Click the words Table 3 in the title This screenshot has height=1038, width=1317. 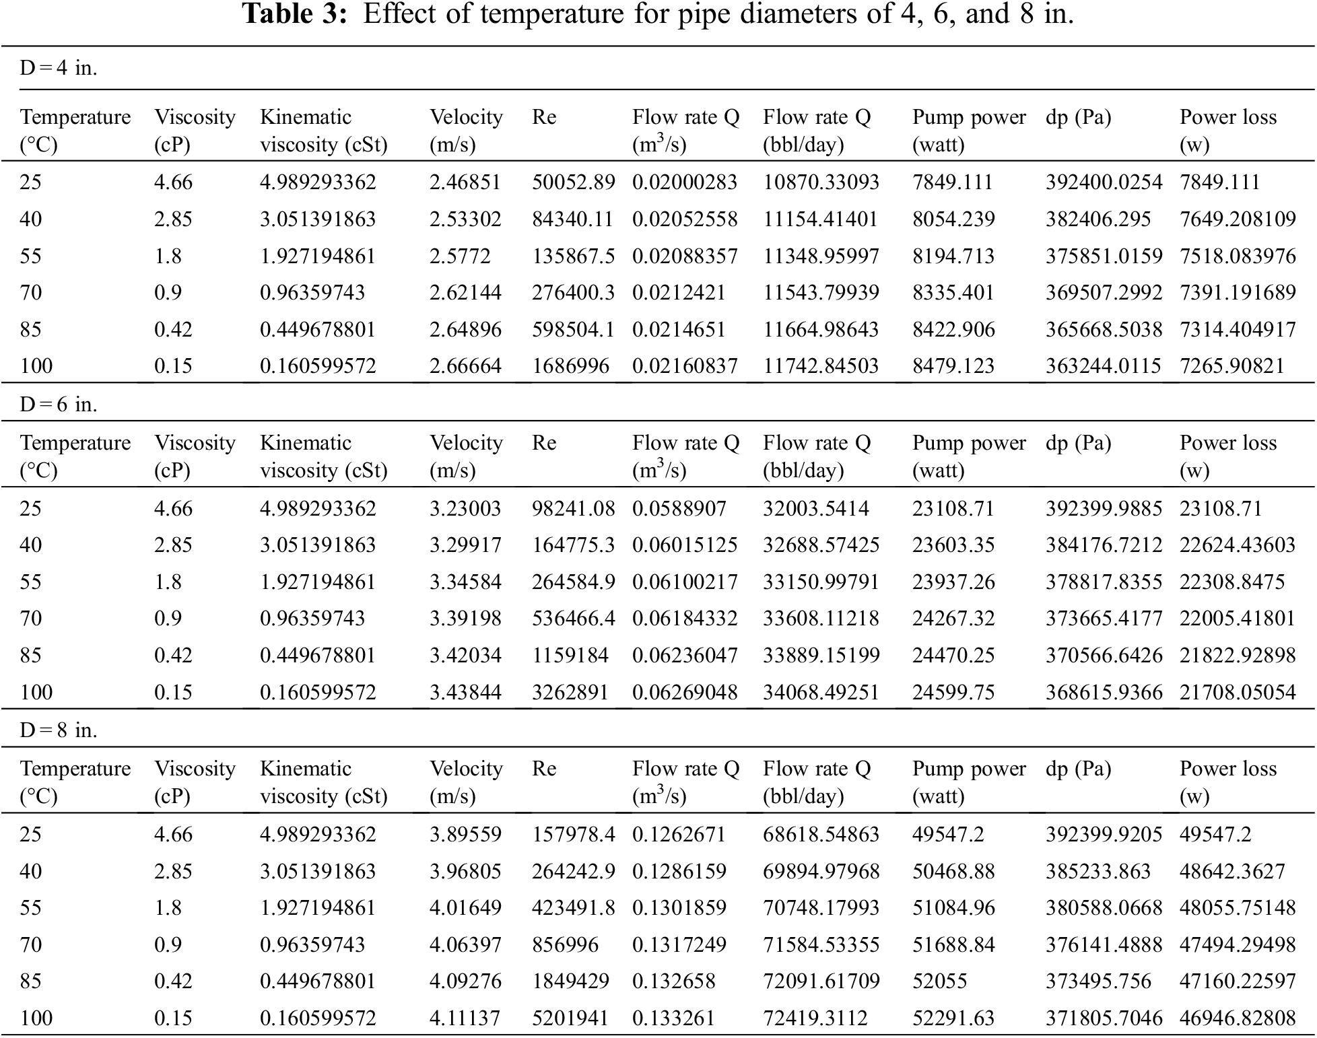(x=294, y=14)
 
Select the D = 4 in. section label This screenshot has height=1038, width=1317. (x=59, y=68)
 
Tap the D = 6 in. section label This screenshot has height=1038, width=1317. (x=59, y=405)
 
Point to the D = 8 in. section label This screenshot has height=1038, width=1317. (x=59, y=730)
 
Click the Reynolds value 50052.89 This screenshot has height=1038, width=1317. (x=573, y=182)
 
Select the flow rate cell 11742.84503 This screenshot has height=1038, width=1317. (x=820, y=366)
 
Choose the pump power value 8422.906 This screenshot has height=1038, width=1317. (x=953, y=329)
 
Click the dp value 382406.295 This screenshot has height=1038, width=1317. (x=1097, y=219)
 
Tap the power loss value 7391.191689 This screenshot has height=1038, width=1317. (x=1237, y=292)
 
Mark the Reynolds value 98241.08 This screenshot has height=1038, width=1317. (x=573, y=508)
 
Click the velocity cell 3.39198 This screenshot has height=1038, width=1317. (x=465, y=618)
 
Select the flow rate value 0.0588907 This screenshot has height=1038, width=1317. (x=679, y=508)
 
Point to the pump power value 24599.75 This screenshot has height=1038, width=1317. (x=953, y=692)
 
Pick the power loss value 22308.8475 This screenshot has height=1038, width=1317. (x=1231, y=582)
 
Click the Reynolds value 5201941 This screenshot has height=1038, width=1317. (x=570, y=1018)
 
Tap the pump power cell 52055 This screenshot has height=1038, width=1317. (x=939, y=981)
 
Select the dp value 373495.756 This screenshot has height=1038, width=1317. (x=1097, y=981)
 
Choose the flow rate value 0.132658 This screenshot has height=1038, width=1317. (x=673, y=981)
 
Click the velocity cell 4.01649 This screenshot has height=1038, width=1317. (x=465, y=907)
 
